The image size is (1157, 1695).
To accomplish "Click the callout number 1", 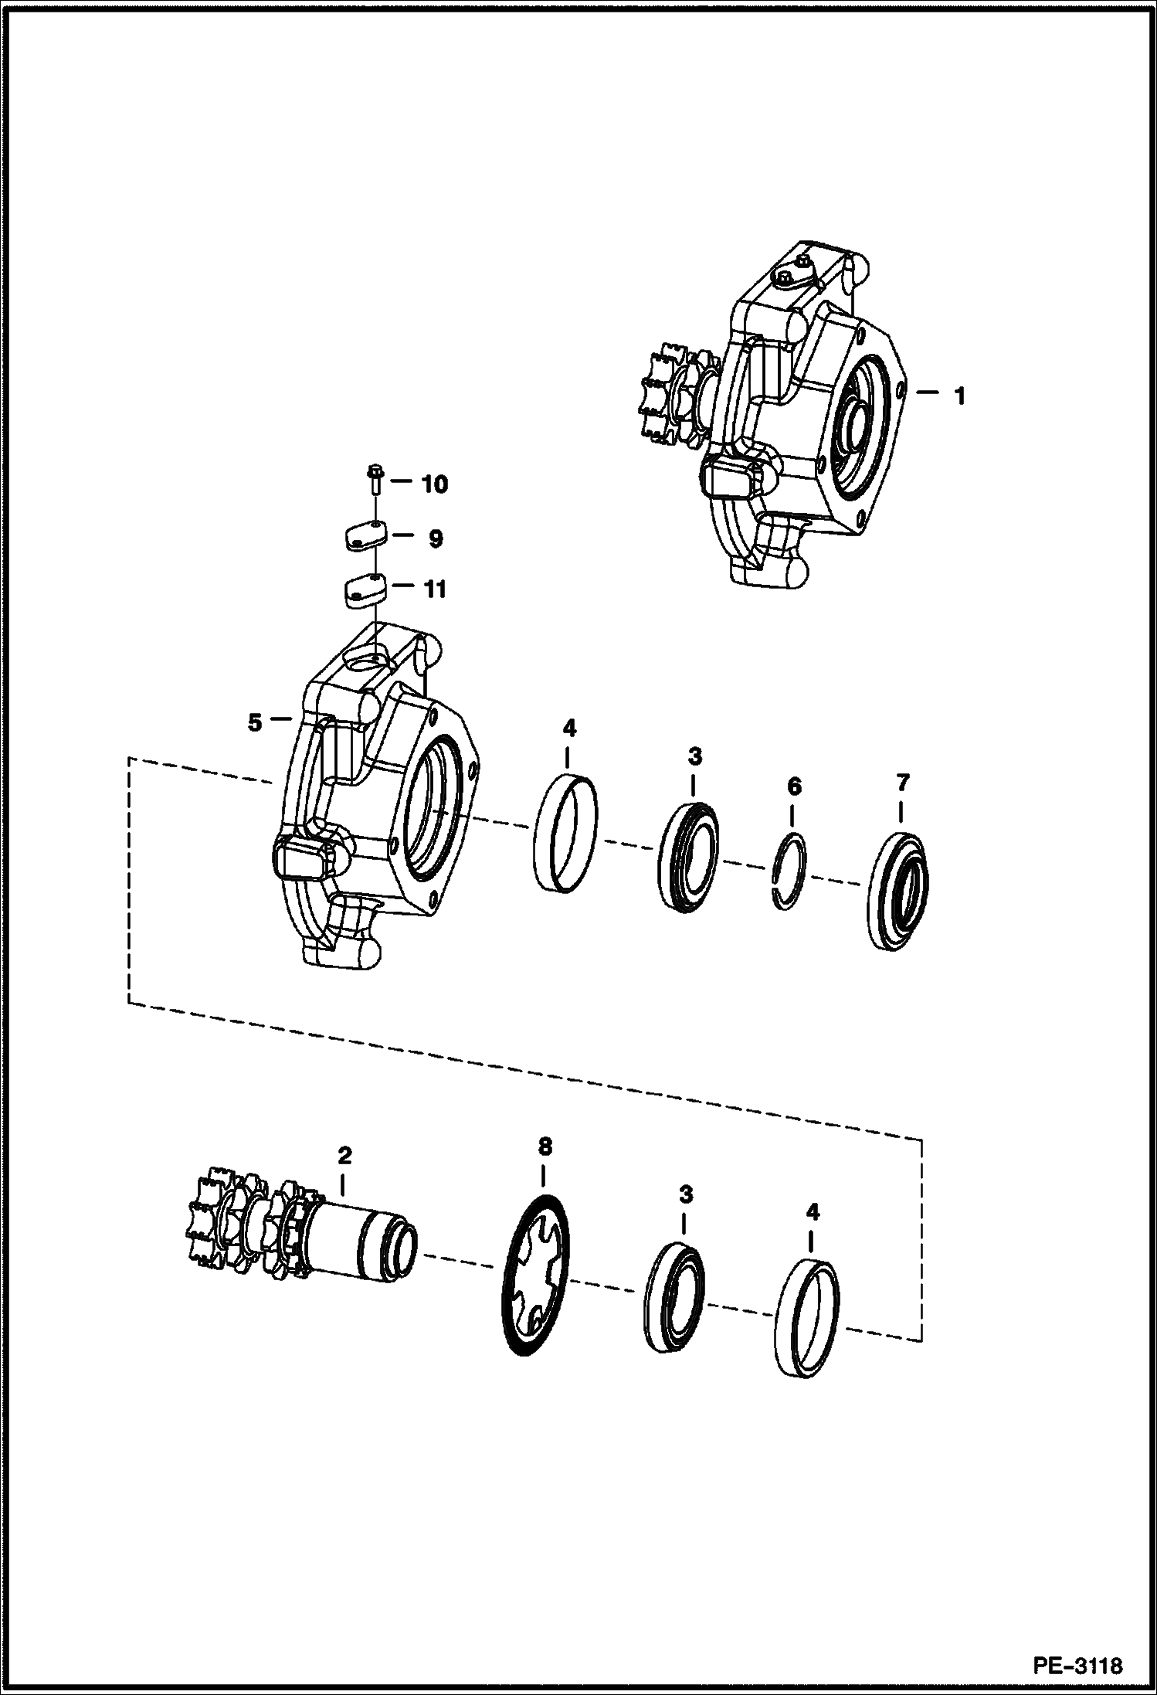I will click(x=959, y=396).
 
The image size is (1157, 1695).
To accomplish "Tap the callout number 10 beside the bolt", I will click(x=433, y=484).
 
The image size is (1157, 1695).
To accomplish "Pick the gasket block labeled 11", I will click(x=363, y=591).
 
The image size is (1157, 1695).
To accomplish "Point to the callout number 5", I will click(x=255, y=722).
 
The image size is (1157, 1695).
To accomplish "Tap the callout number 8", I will click(x=545, y=1147).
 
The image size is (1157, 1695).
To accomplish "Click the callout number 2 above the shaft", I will click(x=344, y=1157).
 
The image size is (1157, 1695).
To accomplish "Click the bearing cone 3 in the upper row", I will click(x=689, y=857).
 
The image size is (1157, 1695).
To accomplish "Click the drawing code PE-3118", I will click(x=1078, y=1663).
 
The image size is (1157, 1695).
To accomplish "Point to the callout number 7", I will click(x=902, y=783).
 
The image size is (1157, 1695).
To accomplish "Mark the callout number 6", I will click(x=794, y=787).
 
